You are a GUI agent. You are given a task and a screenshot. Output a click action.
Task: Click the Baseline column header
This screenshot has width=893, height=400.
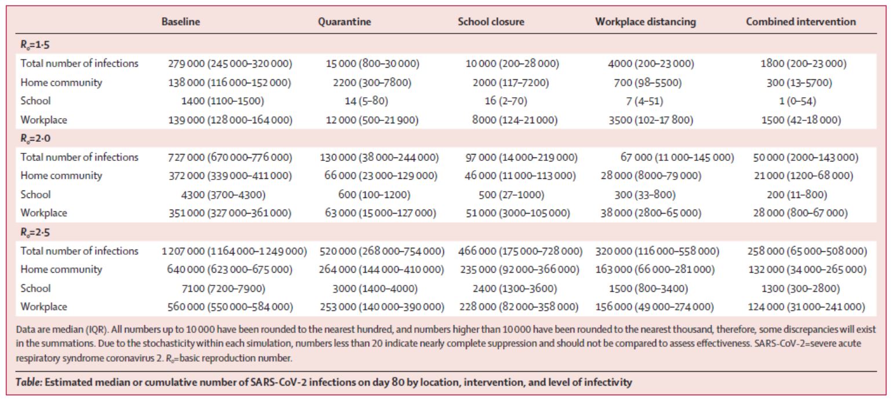point(181,21)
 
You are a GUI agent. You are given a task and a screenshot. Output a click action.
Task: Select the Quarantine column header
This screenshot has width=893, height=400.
point(344,21)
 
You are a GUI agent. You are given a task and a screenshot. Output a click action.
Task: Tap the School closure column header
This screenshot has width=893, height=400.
point(491,21)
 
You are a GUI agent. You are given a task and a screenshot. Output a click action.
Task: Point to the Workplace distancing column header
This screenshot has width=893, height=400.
point(646,22)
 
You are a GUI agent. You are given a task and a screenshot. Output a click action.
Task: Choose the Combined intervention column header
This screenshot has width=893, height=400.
point(801,21)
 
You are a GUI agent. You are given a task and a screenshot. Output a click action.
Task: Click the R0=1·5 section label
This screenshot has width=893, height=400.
point(35,45)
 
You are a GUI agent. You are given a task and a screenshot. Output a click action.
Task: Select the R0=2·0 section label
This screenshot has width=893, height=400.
point(35,139)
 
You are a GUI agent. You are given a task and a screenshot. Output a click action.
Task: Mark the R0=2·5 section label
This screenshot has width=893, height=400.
point(35,232)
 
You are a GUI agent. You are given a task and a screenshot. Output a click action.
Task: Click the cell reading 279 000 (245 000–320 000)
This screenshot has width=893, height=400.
point(230,64)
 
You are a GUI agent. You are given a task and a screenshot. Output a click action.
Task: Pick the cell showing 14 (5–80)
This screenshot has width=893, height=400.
point(366,101)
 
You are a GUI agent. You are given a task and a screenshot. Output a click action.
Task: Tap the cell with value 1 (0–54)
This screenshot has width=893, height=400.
point(798,101)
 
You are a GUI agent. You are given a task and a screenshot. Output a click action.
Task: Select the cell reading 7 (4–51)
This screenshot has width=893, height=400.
point(644,101)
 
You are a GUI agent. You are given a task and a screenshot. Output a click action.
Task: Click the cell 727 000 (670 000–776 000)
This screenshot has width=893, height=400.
point(230,157)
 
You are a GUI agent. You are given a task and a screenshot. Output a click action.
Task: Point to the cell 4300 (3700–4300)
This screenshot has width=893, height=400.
point(223,195)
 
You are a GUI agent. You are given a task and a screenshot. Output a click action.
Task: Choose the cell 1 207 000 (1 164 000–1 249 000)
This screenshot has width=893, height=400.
point(235,251)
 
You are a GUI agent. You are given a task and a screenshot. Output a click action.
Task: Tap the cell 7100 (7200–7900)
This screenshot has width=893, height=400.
point(223,288)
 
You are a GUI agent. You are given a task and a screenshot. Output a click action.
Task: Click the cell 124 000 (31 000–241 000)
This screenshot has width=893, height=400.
point(807,307)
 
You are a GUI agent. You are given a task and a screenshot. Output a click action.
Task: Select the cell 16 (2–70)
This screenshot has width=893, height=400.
point(506,101)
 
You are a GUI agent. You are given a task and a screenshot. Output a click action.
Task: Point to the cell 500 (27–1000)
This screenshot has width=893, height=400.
point(512,195)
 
